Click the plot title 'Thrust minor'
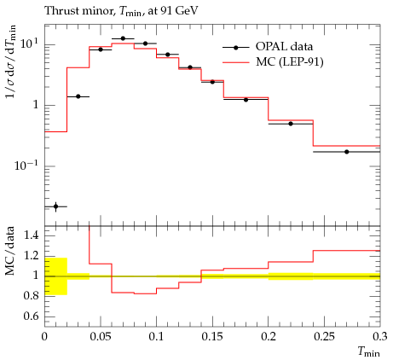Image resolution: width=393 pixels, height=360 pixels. point(78,11)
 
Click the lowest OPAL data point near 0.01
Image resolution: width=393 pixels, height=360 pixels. point(55,206)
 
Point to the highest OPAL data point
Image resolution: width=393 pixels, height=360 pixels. point(123,38)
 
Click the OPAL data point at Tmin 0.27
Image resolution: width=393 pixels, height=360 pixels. point(347,152)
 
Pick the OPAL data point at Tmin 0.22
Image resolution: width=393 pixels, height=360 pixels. point(291,124)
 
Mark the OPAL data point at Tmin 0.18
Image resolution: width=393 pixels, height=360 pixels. point(246,100)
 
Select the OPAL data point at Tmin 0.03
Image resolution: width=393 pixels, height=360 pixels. point(78,96)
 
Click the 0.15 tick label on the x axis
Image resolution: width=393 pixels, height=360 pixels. point(212,337)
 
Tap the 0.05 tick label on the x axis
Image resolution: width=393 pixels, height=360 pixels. point(101,337)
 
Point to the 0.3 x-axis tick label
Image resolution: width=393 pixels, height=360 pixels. point(379,337)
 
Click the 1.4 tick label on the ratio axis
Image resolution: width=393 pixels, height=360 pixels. point(31,235)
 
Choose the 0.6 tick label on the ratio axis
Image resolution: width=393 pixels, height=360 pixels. point(31,316)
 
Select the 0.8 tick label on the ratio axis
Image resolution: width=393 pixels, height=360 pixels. point(31,296)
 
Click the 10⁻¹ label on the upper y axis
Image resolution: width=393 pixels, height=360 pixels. point(26,165)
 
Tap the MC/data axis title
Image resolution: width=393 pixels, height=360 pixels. point(10,251)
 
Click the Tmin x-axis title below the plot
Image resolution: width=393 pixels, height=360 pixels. point(368,352)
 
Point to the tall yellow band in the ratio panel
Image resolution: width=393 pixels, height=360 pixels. point(55,276)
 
